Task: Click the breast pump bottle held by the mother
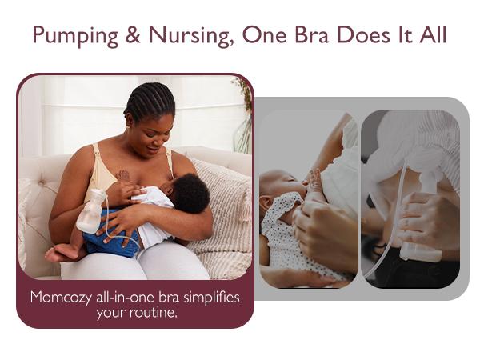[x=90, y=212]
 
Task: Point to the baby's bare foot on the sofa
[x=56, y=254]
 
